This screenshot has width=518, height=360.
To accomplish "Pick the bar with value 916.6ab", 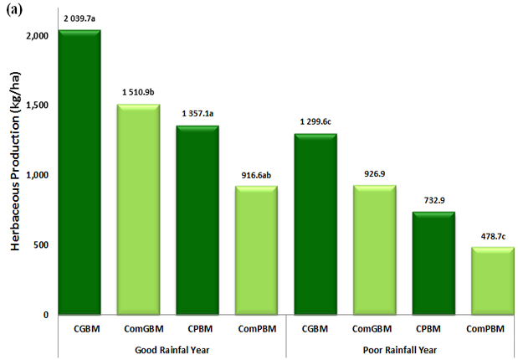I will pyautogui.click(x=256, y=250).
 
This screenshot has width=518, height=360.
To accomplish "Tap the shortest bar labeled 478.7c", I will pyautogui.click(x=491, y=280).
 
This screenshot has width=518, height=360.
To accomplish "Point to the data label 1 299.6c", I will pyautogui.click(x=315, y=121).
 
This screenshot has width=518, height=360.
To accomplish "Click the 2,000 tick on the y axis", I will pyautogui.click(x=36, y=36).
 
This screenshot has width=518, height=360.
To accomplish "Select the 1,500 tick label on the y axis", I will pyautogui.click(x=36, y=105).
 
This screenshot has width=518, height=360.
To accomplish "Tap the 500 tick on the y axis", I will pyautogui.click(x=39, y=245).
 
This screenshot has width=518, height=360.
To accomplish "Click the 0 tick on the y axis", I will pyautogui.click(x=44, y=315).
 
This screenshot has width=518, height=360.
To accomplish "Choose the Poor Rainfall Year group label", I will pyautogui.click(x=403, y=347).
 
